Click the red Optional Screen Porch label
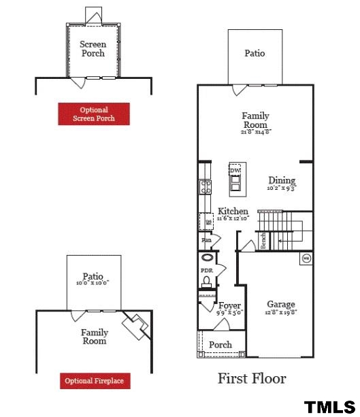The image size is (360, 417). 94,114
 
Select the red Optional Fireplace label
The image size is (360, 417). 94,381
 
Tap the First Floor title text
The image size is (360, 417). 251,378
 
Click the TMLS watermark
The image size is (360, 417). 329,407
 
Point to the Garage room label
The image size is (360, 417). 280,305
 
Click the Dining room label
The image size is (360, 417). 281,180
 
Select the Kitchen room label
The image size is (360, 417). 233,212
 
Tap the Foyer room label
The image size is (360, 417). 229,305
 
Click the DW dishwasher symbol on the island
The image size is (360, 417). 235,170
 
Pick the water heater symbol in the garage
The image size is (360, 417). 306,258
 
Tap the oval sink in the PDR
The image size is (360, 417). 206,258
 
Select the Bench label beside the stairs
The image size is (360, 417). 263,241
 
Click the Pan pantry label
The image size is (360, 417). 206,240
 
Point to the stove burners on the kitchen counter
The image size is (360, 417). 203,186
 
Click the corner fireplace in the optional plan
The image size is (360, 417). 136,326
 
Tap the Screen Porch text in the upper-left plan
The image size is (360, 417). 93,49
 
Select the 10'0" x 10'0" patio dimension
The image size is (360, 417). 93,283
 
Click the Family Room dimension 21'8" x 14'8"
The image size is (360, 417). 256,132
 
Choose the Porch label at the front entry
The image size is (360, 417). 220,345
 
